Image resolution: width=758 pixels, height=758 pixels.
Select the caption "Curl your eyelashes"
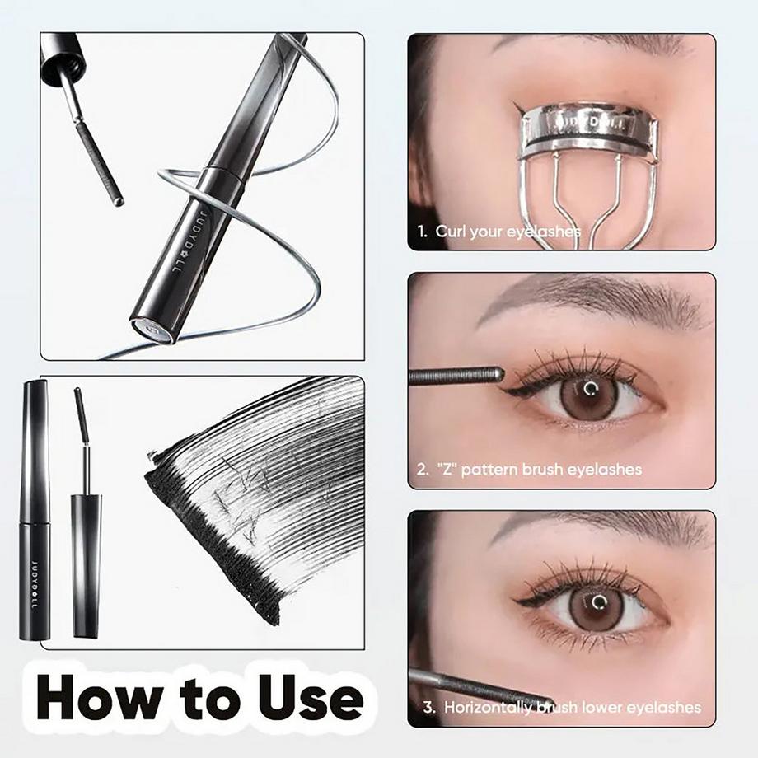507,232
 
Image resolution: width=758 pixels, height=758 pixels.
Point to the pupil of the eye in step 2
588,388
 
